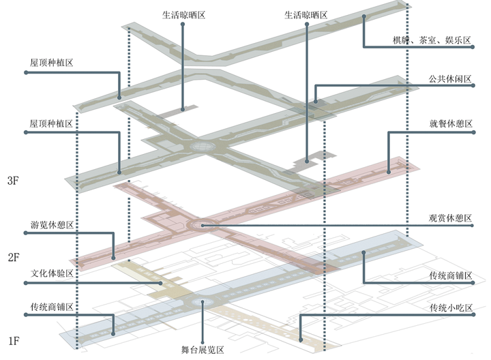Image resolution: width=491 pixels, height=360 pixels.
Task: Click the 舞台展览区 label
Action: (203, 350)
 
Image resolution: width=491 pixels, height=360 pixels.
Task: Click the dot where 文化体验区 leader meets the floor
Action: (161, 283)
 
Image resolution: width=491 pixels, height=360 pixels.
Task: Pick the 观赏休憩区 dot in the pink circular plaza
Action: (202, 225)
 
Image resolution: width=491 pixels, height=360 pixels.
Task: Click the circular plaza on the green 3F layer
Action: (202, 146)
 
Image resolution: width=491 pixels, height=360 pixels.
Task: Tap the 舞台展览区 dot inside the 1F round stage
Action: (203, 303)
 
